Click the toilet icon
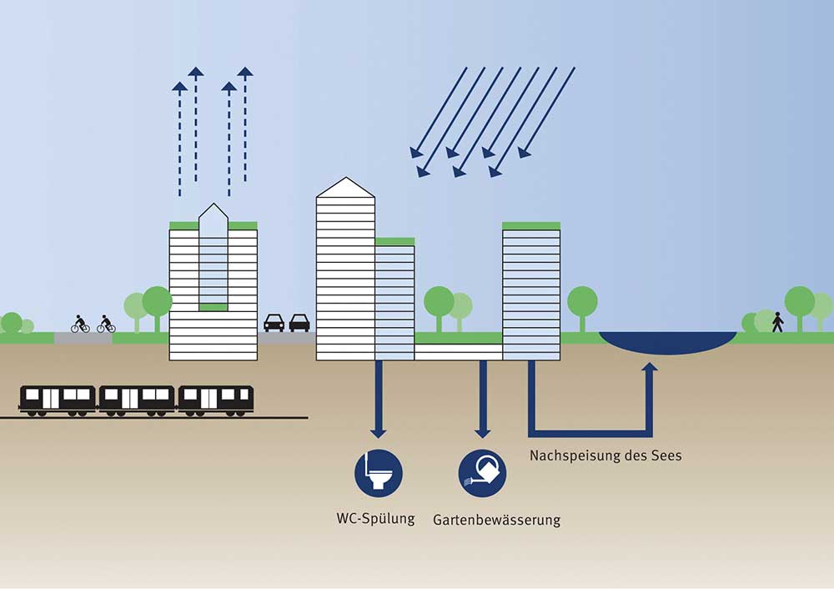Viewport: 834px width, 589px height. (x=378, y=473)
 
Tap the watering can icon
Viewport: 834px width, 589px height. (x=482, y=473)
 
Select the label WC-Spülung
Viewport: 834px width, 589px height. (x=375, y=519)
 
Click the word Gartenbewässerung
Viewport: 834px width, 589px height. (x=496, y=520)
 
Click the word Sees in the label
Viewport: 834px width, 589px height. (x=666, y=456)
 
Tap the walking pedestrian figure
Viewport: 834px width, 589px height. (x=777, y=322)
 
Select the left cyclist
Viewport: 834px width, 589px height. (x=80, y=324)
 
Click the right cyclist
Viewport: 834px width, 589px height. (x=106, y=324)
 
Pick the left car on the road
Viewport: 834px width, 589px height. (x=274, y=322)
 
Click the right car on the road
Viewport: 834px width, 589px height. (x=299, y=322)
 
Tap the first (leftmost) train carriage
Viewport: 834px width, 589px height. (x=58, y=400)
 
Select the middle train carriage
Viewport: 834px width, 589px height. (x=137, y=400)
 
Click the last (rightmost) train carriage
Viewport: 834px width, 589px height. (x=215, y=400)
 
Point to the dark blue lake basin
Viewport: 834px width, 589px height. (x=667, y=341)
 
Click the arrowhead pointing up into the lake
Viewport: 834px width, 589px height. (x=650, y=366)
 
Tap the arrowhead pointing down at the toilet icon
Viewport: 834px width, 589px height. (x=378, y=434)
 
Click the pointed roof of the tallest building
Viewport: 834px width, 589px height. (x=346, y=187)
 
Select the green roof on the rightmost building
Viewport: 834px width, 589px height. (x=531, y=226)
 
